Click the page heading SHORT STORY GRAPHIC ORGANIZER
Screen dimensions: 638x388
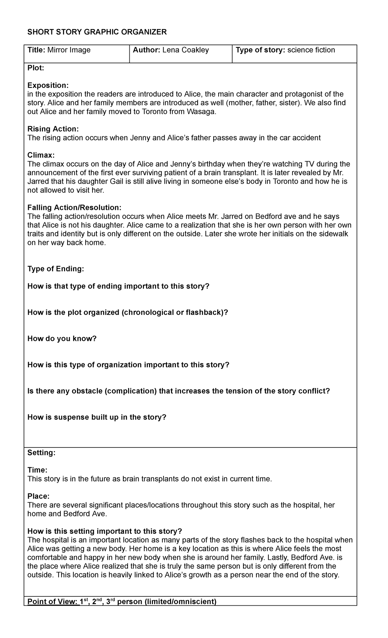[97, 32]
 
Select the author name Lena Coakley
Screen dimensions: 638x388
[186, 50]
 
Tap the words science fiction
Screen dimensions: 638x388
[311, 50]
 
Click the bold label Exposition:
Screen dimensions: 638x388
[48, 85]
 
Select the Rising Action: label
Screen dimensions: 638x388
[53, 129]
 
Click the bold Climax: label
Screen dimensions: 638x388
[41, 155]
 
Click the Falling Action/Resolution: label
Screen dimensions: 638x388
[74, 208]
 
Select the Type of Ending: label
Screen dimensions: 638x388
[56, 269]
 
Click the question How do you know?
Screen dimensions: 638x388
[62, 339]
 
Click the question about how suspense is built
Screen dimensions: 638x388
[97, 417]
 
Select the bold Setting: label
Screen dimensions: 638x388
[41, 453]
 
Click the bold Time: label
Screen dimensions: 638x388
[38, 470]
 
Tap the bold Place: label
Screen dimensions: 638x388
[38, 496]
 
